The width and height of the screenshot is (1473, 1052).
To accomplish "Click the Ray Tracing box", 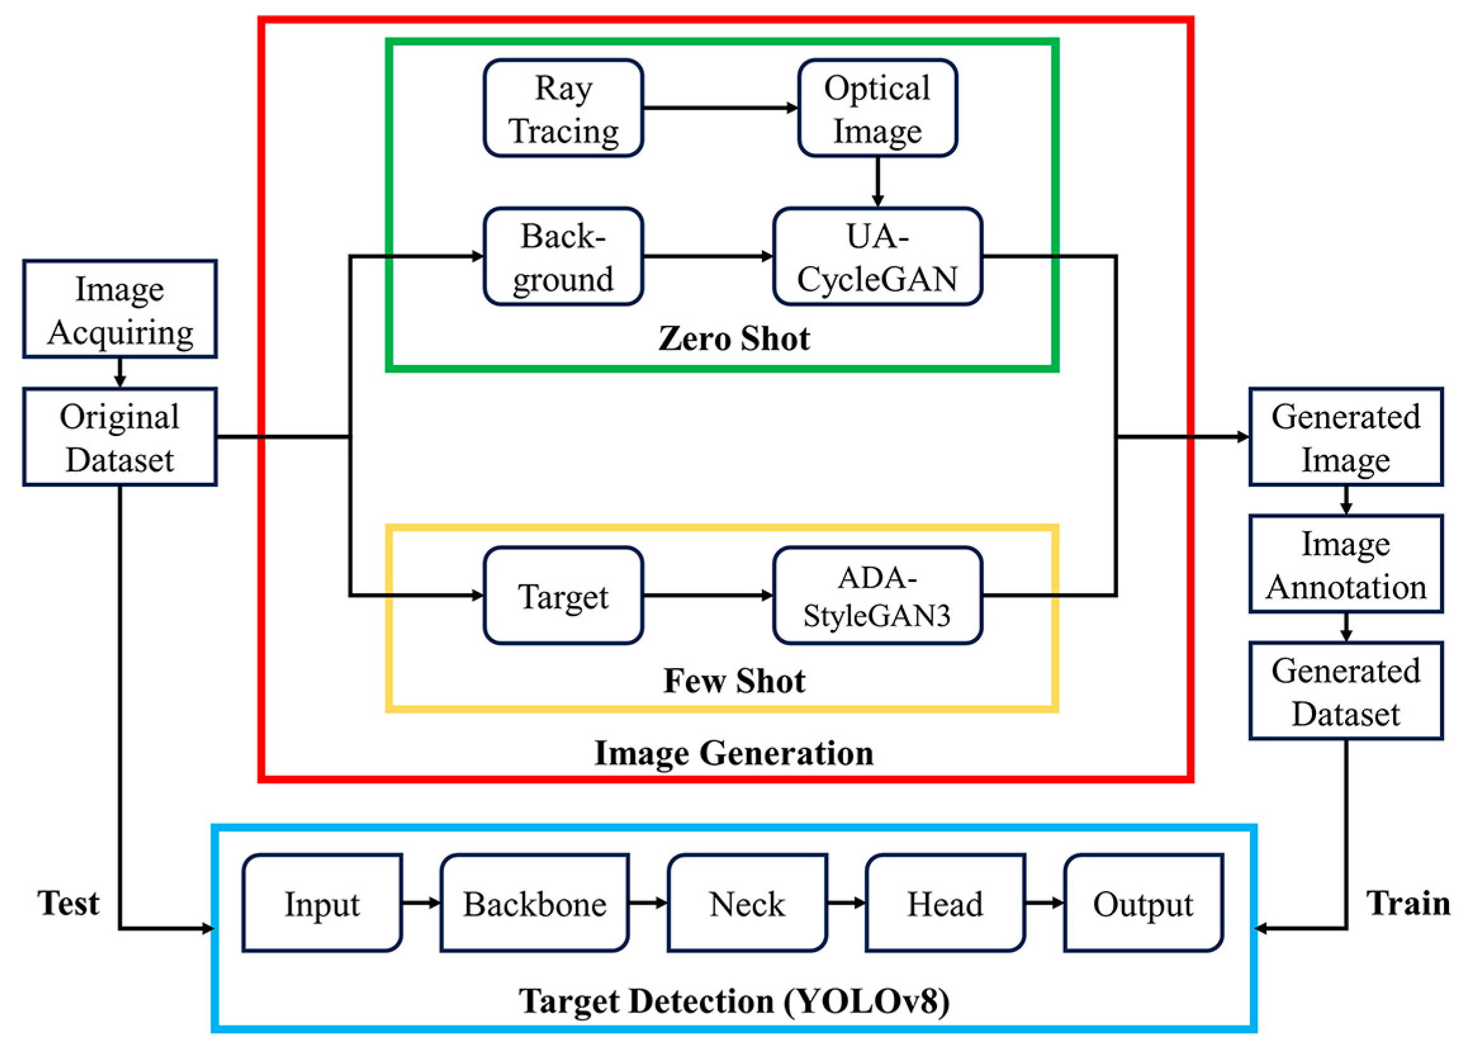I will pyautogui.click(x=563, y=108).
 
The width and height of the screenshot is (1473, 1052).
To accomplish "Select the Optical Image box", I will pyautogui.click(x=877, y=108).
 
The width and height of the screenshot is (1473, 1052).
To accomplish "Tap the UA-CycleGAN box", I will pyautogui.click(x=877, y=257).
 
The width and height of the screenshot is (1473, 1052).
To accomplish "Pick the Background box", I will pyautogui.click(x=563, y=257).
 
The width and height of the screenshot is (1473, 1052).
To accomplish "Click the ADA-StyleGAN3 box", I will pyautogui.click(x=877, y=595).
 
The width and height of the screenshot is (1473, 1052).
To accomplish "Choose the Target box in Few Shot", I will pyautogui.click(x=563, y=595).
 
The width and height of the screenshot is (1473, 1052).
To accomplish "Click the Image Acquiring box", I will pyautogui.click(x=120, y=309).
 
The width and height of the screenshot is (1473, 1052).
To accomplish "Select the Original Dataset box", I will pyautogui.click(x=120, y=437).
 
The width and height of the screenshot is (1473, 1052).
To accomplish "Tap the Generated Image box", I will pyautogui.click(x=1346, y=437).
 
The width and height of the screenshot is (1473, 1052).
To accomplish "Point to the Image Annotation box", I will pyautogui.click(x=1346, y=563).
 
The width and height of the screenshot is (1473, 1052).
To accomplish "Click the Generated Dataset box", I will pyautogui.click(x=1346, y=691).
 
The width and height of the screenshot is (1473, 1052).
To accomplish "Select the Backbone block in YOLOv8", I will pyautogui.click(x=534, y=903).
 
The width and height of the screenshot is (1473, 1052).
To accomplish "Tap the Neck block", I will pyautogui.click(x=746, y=903).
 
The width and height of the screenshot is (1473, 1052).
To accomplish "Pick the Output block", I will pyautogui.click(x=1143, y=903).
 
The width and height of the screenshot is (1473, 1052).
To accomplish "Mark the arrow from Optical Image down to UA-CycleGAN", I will pyautogui.click(x=877, y=181).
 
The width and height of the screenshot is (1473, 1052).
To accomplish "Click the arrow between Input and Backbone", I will pyautogui.click(x=421, y=902).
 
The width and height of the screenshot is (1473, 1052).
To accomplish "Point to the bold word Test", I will pyautogui.click(x=68, y=902).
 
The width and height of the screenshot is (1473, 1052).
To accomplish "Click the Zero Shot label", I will pyautogui.click(x=734, y=338).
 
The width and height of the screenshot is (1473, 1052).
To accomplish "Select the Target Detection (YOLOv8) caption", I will pyautogui.click(x=734, y=1001).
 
